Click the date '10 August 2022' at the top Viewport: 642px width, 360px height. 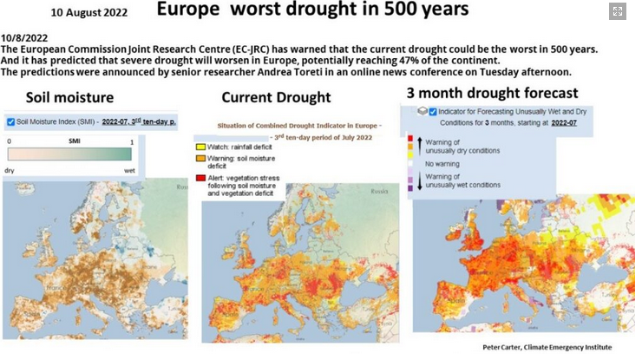pyautogui.click(x=88, y=13)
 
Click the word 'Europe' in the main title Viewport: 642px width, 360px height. pyautogui.click(x=192, y=11)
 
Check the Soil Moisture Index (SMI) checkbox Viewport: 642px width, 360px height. pyautogui.click(x=10, y=121)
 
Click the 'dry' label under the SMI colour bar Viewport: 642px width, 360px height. pyautogui.click(x=10, y=170)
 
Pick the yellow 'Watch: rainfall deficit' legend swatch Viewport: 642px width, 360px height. pyautogui.click(x=200, y=147)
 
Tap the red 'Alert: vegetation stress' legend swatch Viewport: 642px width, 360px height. pyautogui.click(x=200, y=177)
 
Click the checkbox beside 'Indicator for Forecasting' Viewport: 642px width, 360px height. pyautogui.click(x=433, y=111)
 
